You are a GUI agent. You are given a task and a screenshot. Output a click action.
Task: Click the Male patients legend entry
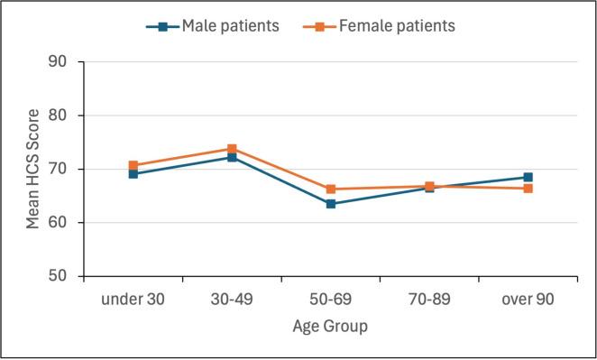tap(211, 26)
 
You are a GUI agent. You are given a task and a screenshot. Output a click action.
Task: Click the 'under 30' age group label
tap(133, 299)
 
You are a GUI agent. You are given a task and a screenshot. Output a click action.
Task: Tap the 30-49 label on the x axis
tap(232, 299)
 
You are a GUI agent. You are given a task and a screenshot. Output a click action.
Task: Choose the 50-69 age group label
tap(331, 299)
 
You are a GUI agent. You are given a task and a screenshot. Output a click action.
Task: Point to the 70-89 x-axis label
tap(429, 299)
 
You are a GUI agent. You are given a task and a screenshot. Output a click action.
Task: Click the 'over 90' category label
tap(528, 299)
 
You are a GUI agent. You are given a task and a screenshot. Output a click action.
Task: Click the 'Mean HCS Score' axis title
tap(32, 169)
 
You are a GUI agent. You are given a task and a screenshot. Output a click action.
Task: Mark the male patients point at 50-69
tap(331, 204)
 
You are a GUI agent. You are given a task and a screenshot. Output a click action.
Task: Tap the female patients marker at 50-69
tap(331, 189)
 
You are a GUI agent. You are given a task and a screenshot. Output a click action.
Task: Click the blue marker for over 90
tap(528, 178)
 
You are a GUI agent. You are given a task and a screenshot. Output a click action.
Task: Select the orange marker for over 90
tap(528, 189)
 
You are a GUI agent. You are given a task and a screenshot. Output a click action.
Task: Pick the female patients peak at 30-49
tap(232, 149)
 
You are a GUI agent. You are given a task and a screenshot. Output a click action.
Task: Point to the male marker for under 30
tap(133, 173)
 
